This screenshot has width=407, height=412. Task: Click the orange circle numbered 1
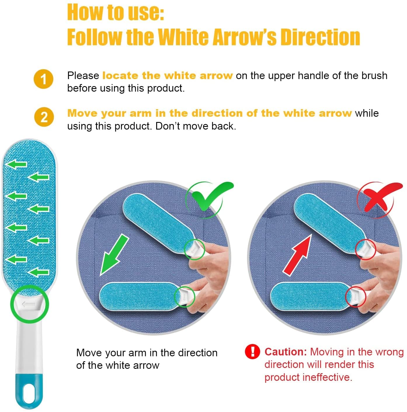44,79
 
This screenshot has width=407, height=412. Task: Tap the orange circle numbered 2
44,117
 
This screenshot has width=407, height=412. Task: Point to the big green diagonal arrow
114,254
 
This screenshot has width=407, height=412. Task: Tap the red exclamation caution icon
253,352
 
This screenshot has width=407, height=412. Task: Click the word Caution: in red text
286,352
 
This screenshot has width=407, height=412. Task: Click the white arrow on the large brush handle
29,304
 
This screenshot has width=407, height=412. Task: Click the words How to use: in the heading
116,12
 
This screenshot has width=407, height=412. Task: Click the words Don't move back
196,126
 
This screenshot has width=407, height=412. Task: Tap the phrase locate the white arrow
168,76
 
